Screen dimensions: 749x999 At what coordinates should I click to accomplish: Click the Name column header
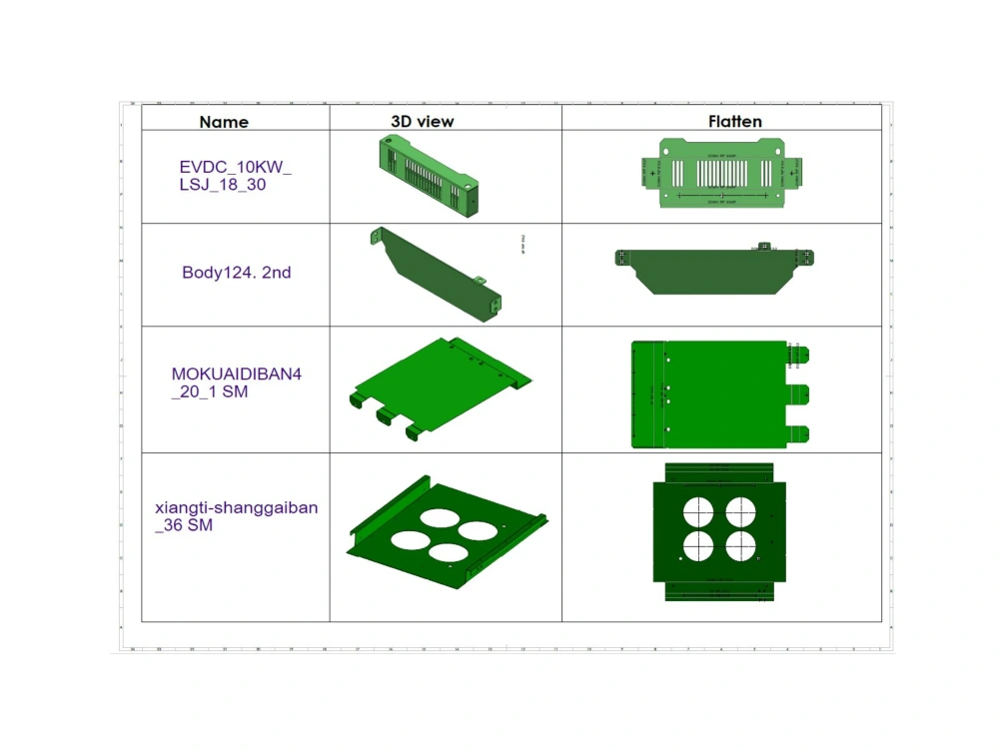pyautogui.click(x=224, y=122)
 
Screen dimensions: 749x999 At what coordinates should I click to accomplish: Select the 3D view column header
pyautogui.click(x=422, y=121)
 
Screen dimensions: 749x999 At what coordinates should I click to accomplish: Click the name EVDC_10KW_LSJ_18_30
pyautogui.click(x=236, y=176)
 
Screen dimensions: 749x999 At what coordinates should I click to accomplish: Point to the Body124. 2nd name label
pyautogui.click(x=237, y=272)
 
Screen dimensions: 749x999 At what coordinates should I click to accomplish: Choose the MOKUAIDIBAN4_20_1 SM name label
pyautogui.click(x=236, y=383)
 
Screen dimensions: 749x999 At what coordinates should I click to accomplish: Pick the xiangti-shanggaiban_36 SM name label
pyautogui.click(x=237, y=516)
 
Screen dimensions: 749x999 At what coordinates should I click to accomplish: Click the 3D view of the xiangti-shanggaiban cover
pyautogui.click(x=446, y=529)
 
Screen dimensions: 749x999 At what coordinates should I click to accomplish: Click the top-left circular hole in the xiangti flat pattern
pyautogui.click(x=697, y=510)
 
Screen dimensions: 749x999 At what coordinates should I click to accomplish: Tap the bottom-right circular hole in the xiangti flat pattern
pyautogui.click(x=740, y=545)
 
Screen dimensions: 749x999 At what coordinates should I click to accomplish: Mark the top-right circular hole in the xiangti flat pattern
pyautogui.click(x=740, y=510)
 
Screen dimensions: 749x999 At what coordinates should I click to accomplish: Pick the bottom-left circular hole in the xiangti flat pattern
pyautogui.click(x=697, y=545)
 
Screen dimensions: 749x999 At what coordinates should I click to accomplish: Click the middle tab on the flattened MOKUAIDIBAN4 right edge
pyautogui.click(x=802, y=394)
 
